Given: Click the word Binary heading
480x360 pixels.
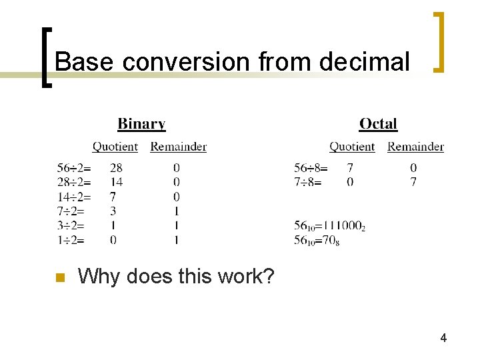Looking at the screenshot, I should click(141, 124).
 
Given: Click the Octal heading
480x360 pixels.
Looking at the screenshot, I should click(378, 124).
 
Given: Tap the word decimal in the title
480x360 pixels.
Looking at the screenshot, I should click(365, 62).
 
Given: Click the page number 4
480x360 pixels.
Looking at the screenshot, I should click(443, 339).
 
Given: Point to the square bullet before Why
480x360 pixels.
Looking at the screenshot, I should click(59, 277).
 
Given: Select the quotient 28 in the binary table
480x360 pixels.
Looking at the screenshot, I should click(116, 167).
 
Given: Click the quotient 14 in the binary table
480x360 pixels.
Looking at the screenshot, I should click(116, 182).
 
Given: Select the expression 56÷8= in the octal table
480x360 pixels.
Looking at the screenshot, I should click(311, 167).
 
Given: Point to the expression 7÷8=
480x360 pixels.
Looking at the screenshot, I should click(307, 182).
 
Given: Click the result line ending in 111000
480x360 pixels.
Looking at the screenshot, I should click(329, 226).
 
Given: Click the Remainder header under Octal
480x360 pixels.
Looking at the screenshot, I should click(415, 147).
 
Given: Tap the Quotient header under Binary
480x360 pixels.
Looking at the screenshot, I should click(115, 147).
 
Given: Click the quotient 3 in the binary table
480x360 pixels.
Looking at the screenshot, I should click(113, 211).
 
